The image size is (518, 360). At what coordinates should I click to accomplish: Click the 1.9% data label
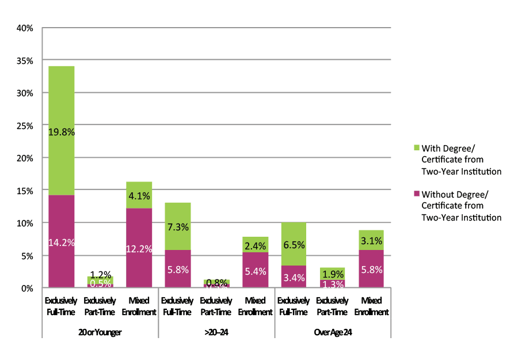(x=332, y=273)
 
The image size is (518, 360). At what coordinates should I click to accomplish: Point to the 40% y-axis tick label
(x=26, y=28)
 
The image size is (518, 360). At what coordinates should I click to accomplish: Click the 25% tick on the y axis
(x=26, y=126)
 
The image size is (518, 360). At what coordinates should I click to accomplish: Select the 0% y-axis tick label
(x=28, y=288)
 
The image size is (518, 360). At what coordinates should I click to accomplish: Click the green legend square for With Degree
(x=417, y=147)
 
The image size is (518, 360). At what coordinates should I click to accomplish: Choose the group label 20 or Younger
(x=100, y=333)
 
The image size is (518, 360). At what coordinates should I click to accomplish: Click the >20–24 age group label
(x=216, y=333)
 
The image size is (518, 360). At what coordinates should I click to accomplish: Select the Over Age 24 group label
(x=333, y=333)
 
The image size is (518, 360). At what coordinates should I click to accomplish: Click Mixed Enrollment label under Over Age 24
(x=371, y=306)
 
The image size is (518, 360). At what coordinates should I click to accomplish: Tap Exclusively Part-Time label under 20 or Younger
(x=100, y=306)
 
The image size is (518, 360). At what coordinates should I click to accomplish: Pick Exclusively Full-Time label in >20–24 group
(x=178, y=306)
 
